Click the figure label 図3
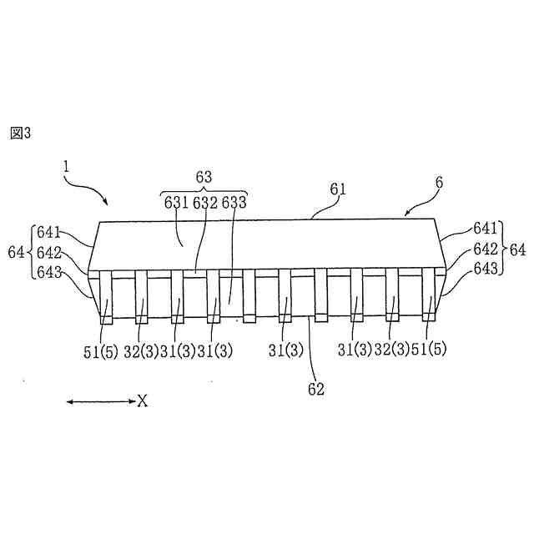[x=20, y=133]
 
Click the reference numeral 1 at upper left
[x=66, y=166]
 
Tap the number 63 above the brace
[x=204, y=177]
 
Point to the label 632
[x=204, y=202]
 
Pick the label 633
[x=234, y=202]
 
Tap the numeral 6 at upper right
[x=439, y=183]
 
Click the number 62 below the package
[x=315, y=388]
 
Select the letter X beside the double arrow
[x=143, y=402]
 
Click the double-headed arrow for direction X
[x=100, y=402]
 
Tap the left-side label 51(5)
[x=102, y=350]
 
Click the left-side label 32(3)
[x=142, y=350]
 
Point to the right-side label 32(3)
[x=390, y=350]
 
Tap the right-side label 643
[x=486, y=267]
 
